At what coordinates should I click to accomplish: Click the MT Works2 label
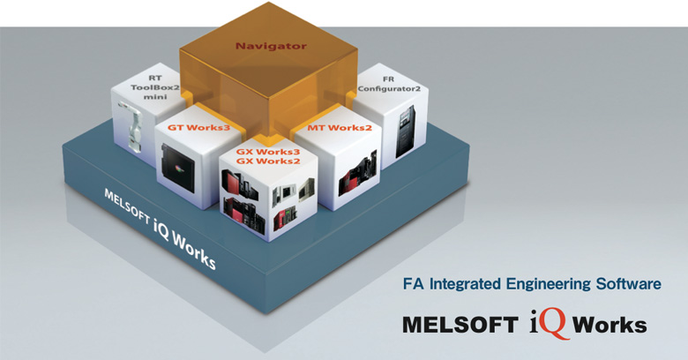tap(339, 130)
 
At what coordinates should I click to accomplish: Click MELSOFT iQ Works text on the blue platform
tap(160, 229)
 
